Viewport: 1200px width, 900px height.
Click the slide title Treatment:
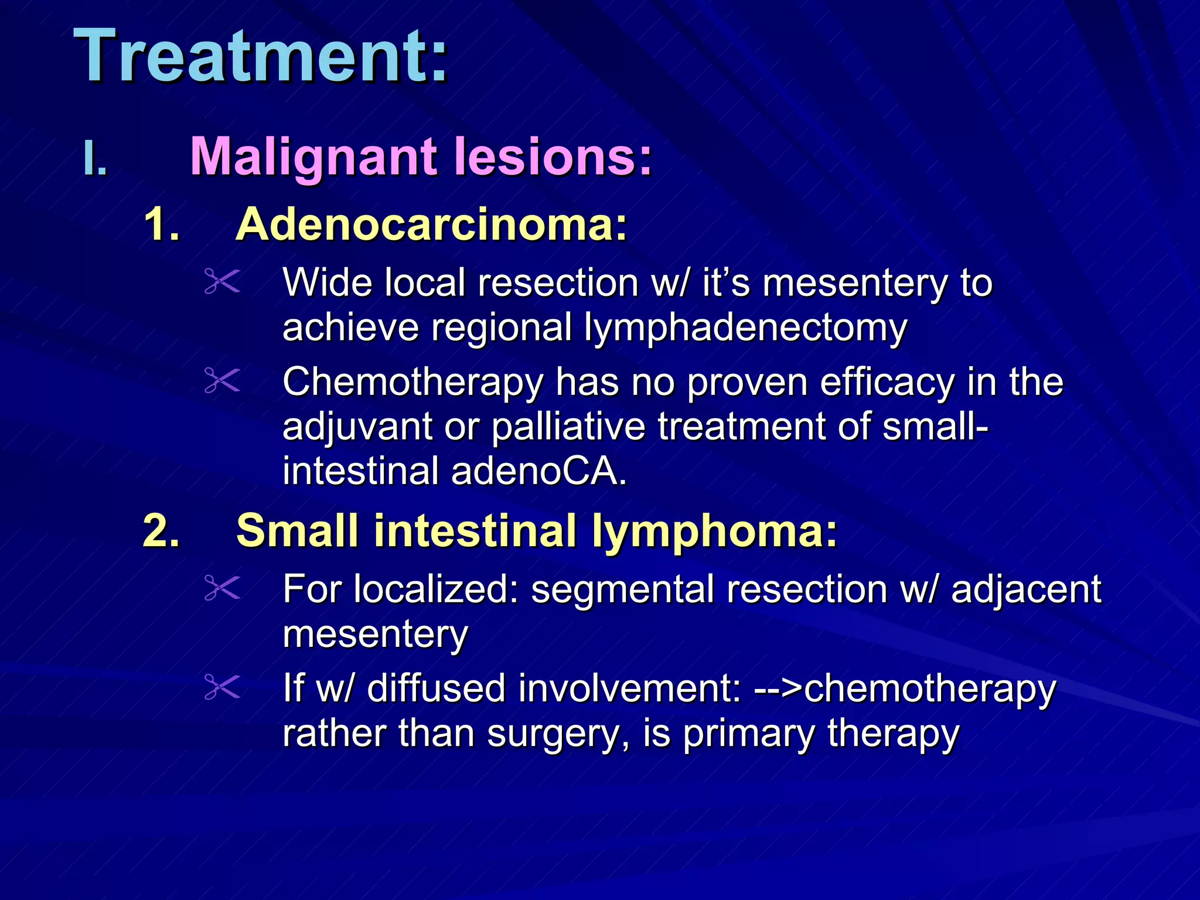click(x=261, y=57)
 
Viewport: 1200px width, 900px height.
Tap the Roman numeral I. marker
click(x=96, y=158)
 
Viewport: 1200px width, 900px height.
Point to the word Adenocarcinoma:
click(x=431, y=224)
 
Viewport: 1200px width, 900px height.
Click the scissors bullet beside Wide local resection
click(x=222, y=281)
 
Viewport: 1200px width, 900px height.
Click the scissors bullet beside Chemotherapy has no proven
click(x=222, y=381)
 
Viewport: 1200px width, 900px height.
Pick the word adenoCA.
click(x=538, y=471)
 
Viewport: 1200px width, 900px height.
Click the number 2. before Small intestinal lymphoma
click(x=161, y=531)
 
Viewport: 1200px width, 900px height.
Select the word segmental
click(x=623, y=589)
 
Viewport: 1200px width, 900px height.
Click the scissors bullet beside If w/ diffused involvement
click(x=222, y=687)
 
